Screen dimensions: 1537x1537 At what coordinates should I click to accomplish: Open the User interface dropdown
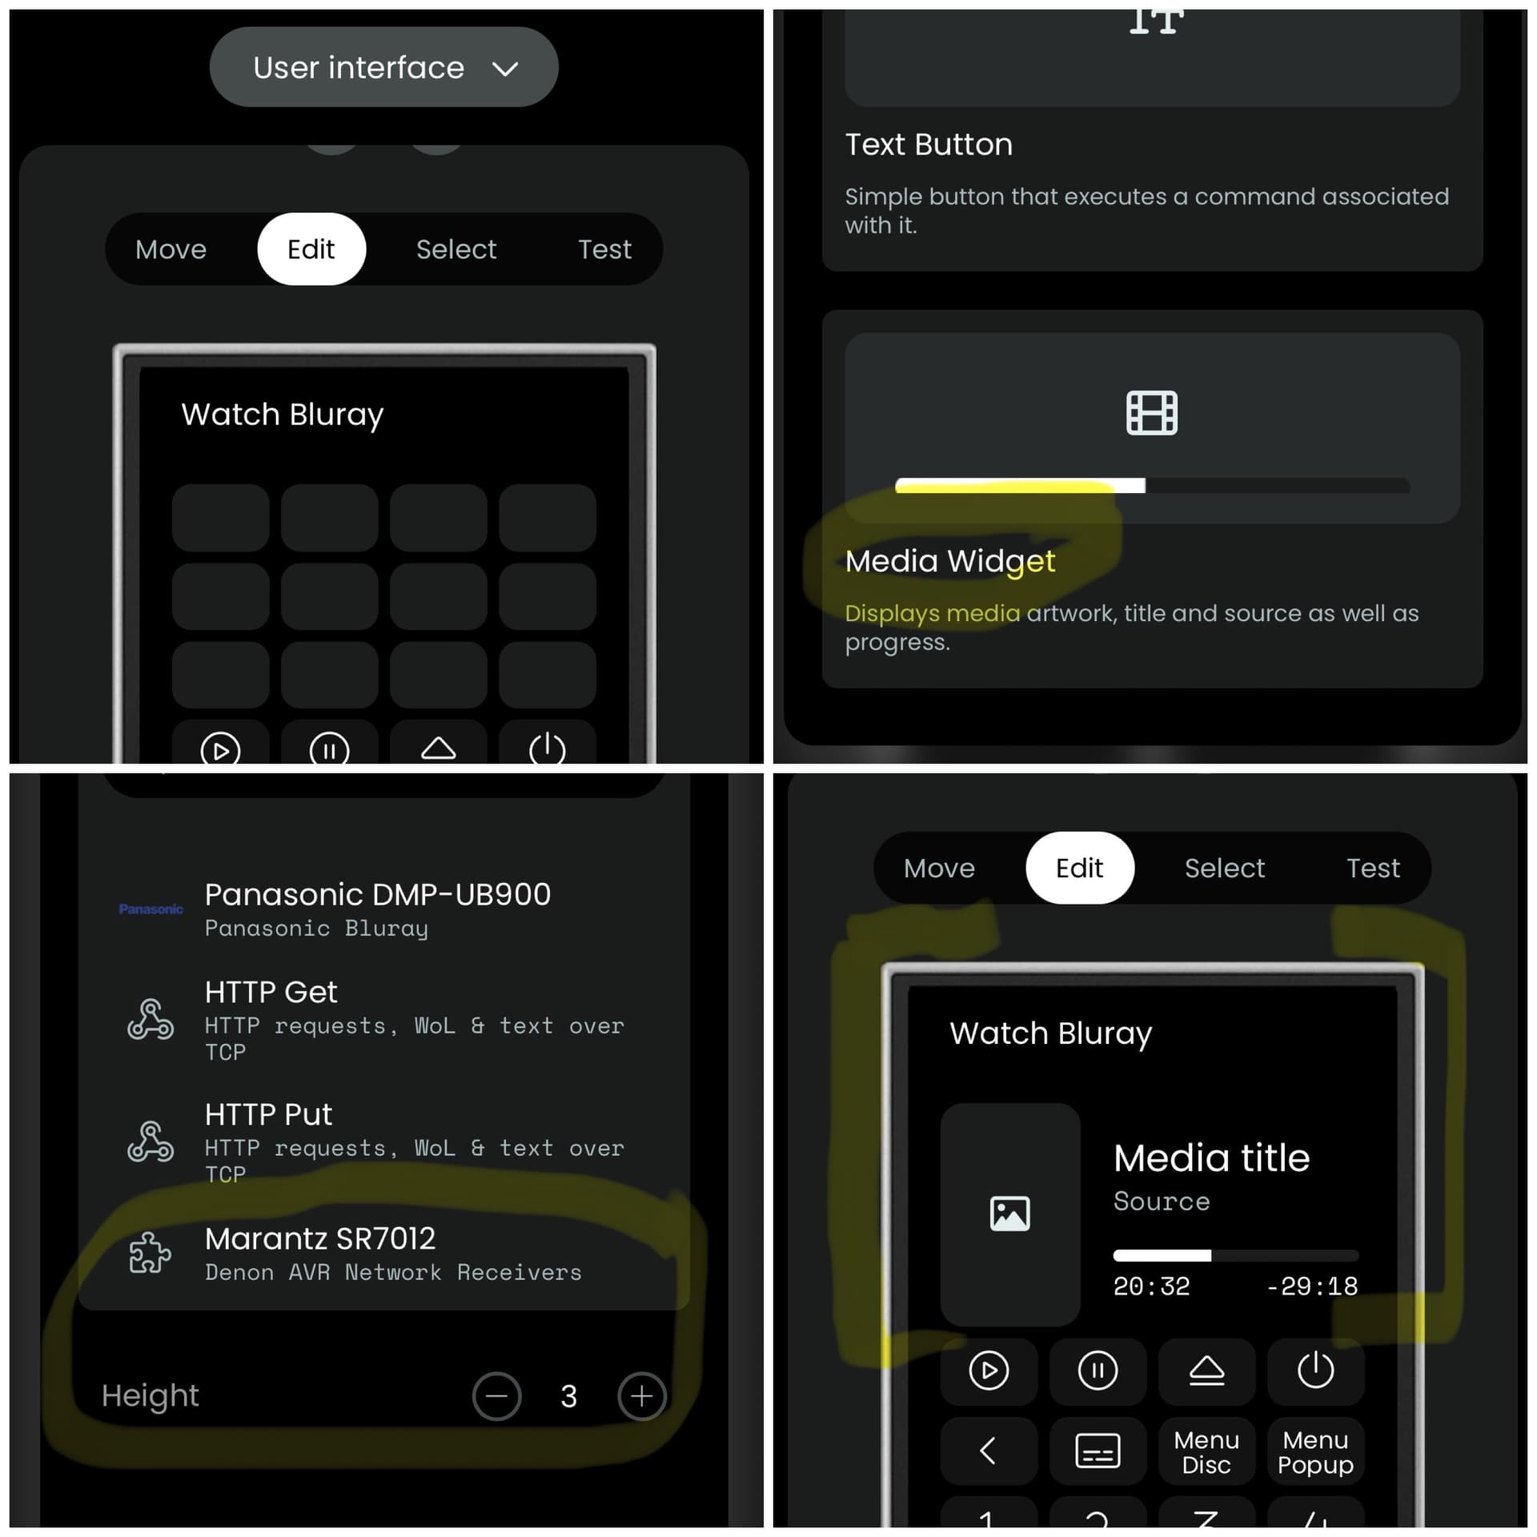point(383,67)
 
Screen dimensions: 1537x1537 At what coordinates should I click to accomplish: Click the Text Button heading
point(929,145)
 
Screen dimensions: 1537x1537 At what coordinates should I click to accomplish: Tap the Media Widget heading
point(950,561)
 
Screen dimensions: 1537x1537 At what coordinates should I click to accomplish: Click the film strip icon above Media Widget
point(1151,413)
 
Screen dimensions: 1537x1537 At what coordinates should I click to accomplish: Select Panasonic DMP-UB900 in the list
point(378,894)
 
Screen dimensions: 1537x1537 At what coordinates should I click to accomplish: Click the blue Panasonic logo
point(150,909)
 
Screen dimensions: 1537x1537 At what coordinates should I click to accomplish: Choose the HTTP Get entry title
point(271,993)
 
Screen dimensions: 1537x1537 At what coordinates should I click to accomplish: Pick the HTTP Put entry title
point(268,1114)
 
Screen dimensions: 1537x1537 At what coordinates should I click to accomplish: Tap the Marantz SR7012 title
point(320,1238)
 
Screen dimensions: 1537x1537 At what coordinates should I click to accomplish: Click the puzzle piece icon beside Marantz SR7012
point(150,1253)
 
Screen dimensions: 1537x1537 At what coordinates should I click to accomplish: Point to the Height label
point(150,1396)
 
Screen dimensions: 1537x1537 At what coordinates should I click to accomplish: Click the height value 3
point(568,1397)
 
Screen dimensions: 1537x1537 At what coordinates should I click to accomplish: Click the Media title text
point(1211,1158)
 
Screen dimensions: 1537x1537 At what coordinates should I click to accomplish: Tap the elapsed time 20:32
point(1151,1286)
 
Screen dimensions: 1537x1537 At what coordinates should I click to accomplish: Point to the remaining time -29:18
point(1312,1286)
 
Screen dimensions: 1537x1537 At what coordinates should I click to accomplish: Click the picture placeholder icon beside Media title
point(1010,1214)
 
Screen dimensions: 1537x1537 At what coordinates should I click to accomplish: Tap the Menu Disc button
point(1206,1452)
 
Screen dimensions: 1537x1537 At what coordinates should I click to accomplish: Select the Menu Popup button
point(1315,1452)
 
